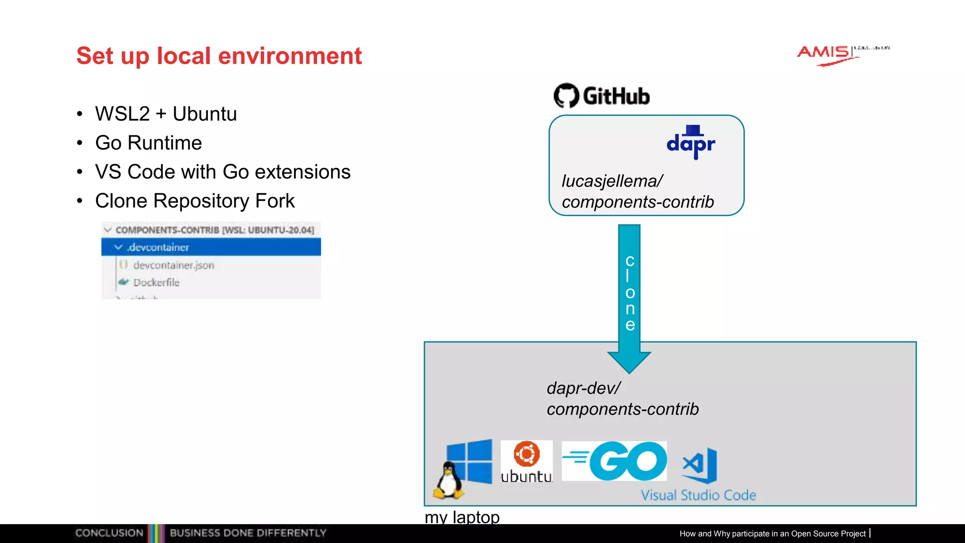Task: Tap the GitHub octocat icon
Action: [x=566, y=96]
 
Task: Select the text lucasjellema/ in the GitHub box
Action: [x=612, y=181]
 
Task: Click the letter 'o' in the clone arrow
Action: [x=630, y=293]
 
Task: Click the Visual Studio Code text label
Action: [x=698, y=495]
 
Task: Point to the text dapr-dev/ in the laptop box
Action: [x=583, y=388]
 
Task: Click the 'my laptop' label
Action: [x=462, y=517]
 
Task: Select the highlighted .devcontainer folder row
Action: [x=211, y=247]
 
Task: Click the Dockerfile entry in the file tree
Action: [x=156, y=282]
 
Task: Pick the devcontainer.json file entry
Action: [x=173, y=265]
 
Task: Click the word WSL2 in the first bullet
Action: [x=122, y=114]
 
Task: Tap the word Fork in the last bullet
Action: [x=275, y=201]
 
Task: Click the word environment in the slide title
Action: [x=290, y=56]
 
